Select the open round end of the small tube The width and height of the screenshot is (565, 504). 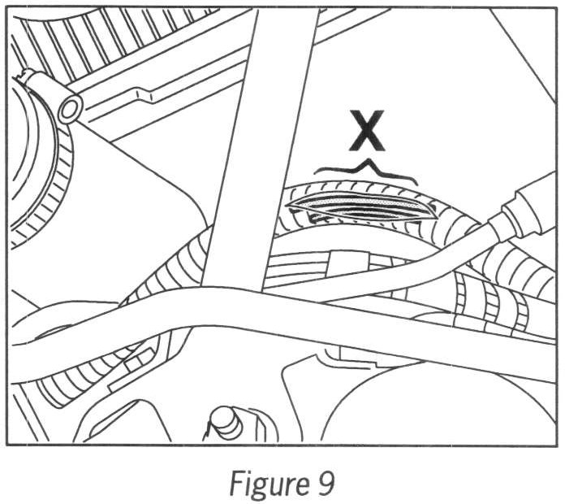[x=70, y=107]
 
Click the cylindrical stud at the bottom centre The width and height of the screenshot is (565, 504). [x=223, y=422]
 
